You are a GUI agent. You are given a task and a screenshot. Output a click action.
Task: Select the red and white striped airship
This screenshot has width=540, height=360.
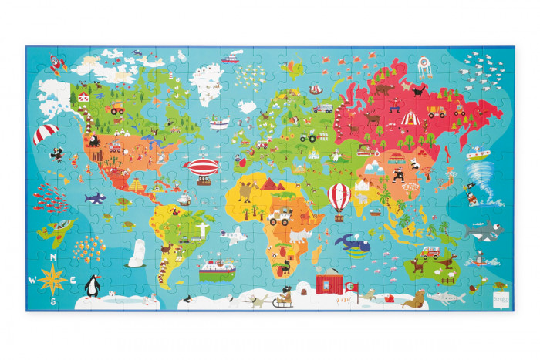point(204,170)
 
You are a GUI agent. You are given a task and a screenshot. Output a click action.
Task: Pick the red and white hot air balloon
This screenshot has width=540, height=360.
point(339,198)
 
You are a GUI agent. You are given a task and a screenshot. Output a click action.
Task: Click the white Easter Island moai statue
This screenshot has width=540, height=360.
point(137,253)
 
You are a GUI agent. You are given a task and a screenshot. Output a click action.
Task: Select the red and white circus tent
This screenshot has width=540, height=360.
point(410,117)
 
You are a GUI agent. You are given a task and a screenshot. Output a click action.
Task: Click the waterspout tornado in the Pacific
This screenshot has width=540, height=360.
point(472,186)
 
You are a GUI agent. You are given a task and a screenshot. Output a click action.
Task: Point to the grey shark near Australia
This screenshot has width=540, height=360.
point(479,230)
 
